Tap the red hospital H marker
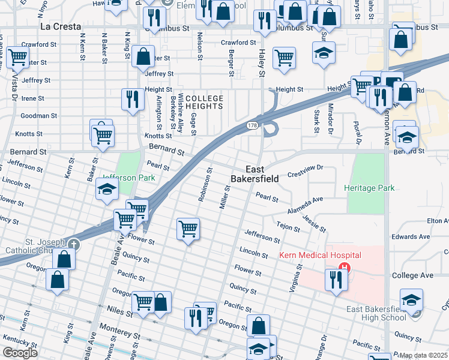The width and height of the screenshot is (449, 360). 345,268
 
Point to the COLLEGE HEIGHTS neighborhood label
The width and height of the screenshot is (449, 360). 204,102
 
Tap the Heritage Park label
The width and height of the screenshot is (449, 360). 369,188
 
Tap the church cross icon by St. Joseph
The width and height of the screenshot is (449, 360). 73,244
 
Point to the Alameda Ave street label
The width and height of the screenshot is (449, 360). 305,202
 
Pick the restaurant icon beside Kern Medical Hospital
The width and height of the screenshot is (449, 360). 336,279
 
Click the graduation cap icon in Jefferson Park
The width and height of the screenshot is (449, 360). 107,189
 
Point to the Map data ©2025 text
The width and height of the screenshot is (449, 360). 423,355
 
